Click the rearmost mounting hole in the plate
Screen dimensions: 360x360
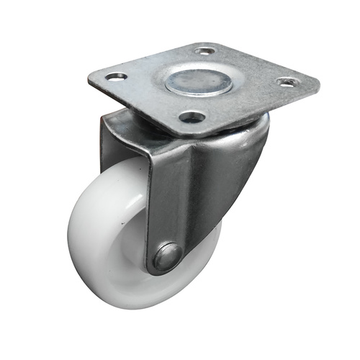click(205, 52)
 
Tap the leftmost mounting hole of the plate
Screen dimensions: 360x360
click(115, 76)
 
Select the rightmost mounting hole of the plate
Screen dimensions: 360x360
click(287, 82)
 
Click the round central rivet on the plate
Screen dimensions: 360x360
click(199, 81)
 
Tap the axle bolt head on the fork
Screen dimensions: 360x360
click(168, 256)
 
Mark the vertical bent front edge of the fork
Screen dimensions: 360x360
click(151, 202)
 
